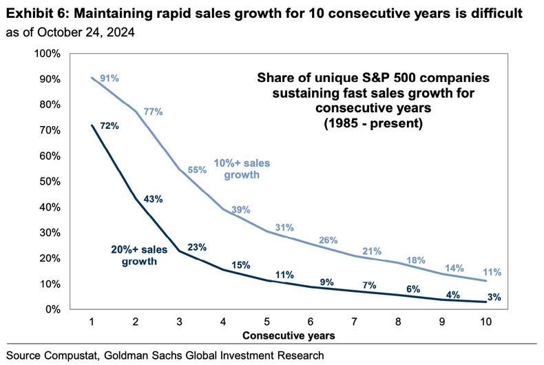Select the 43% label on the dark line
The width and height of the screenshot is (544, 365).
(153, 199)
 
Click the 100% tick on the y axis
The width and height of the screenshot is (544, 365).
(50, 54)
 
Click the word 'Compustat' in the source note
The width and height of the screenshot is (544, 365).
(77, 355)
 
